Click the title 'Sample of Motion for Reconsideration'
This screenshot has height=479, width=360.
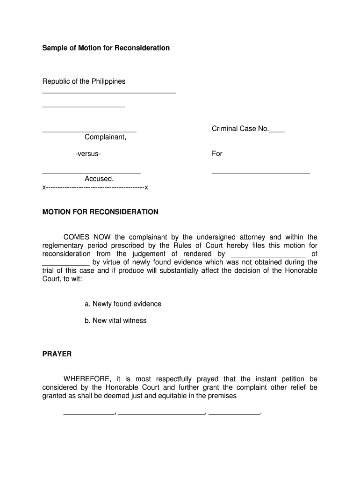(x=106, y=48)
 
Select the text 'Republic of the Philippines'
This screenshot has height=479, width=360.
(x=84, y=81)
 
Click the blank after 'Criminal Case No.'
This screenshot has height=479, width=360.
(x=277, y=131)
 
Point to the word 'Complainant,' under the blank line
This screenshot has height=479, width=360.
(x=105, y=137)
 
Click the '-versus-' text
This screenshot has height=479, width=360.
(x=88, y=153)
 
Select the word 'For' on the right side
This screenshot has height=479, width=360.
(x=217, y=153)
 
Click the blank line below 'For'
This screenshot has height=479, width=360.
(x=260, y=174)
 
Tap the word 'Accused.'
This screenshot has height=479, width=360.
(x=99, y=179)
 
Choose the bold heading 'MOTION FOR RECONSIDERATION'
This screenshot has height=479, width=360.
(x=101, y=212)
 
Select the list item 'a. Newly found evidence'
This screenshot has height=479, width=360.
(x=123, y=304)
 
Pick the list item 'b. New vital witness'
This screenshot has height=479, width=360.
(x=115, y=321)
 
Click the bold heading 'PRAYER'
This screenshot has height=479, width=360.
(x=57, y=354)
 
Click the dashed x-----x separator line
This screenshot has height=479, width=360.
(x=95, y=188)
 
